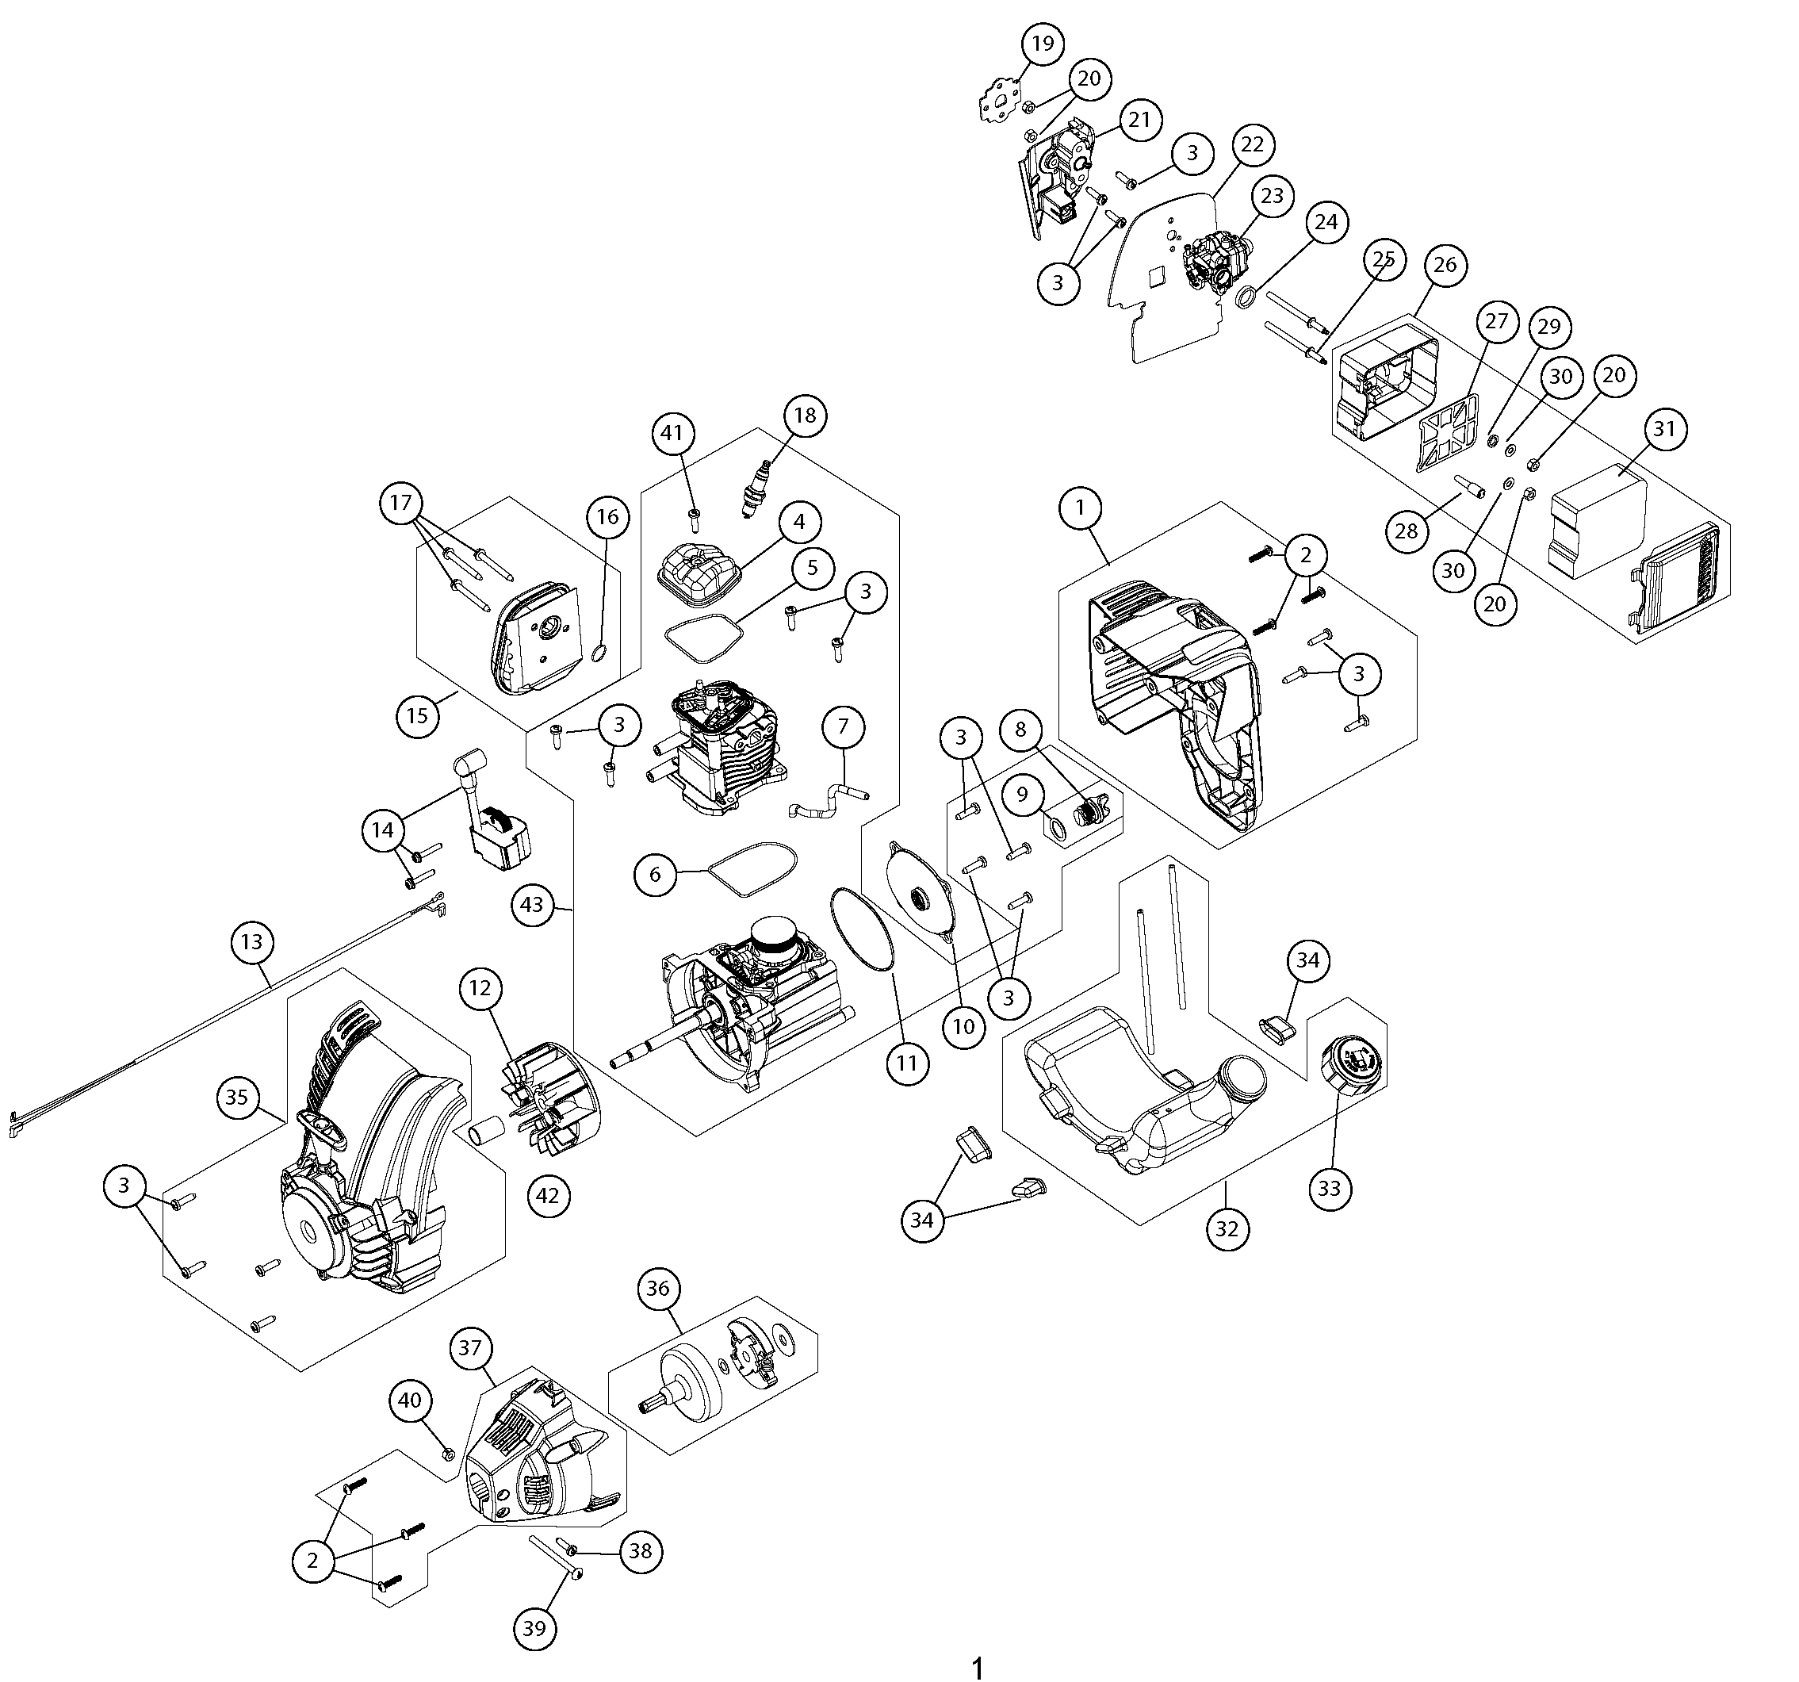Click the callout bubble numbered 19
click(1043, 44)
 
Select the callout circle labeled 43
click(532, 904)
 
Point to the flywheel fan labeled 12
click(543, 1098)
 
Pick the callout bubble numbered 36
click(658, 1288)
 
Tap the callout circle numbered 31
click(1665, 430)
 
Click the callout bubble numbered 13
click(251, 941)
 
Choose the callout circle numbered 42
click(548, 1196)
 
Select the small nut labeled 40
click(447, 1454)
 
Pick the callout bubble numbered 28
click(1407, 530)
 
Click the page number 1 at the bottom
click(977, 1668)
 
